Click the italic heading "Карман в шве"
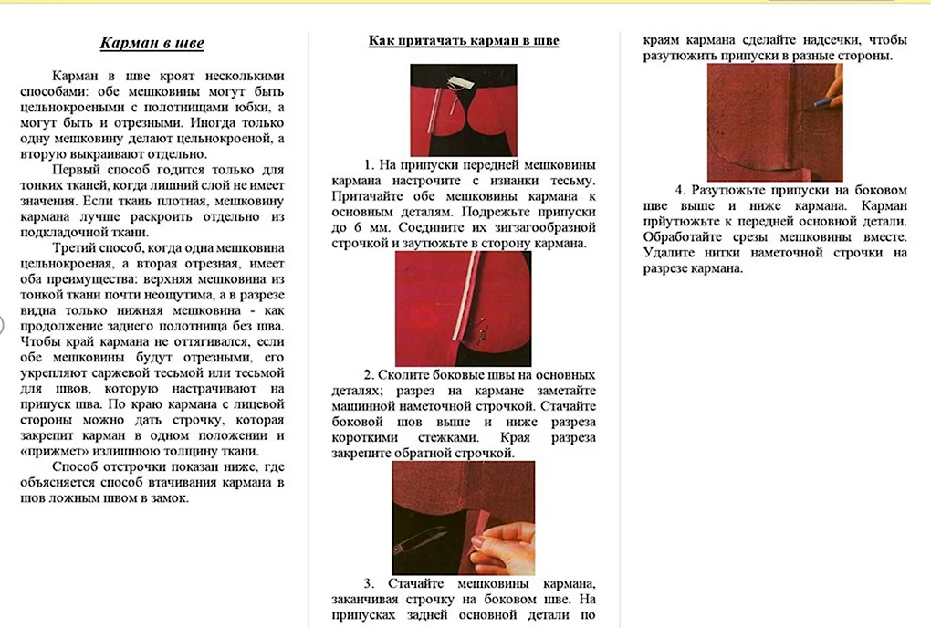pyautogui.click(x=152, y=43)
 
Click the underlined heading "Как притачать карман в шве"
pyautogui.click(x=464, y=40)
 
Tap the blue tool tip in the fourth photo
pyautogui.click(x=833, y=103)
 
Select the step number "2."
pyautogui.click(x=370, y=375)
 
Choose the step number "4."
pyautogui.click(x=680, y=190)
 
